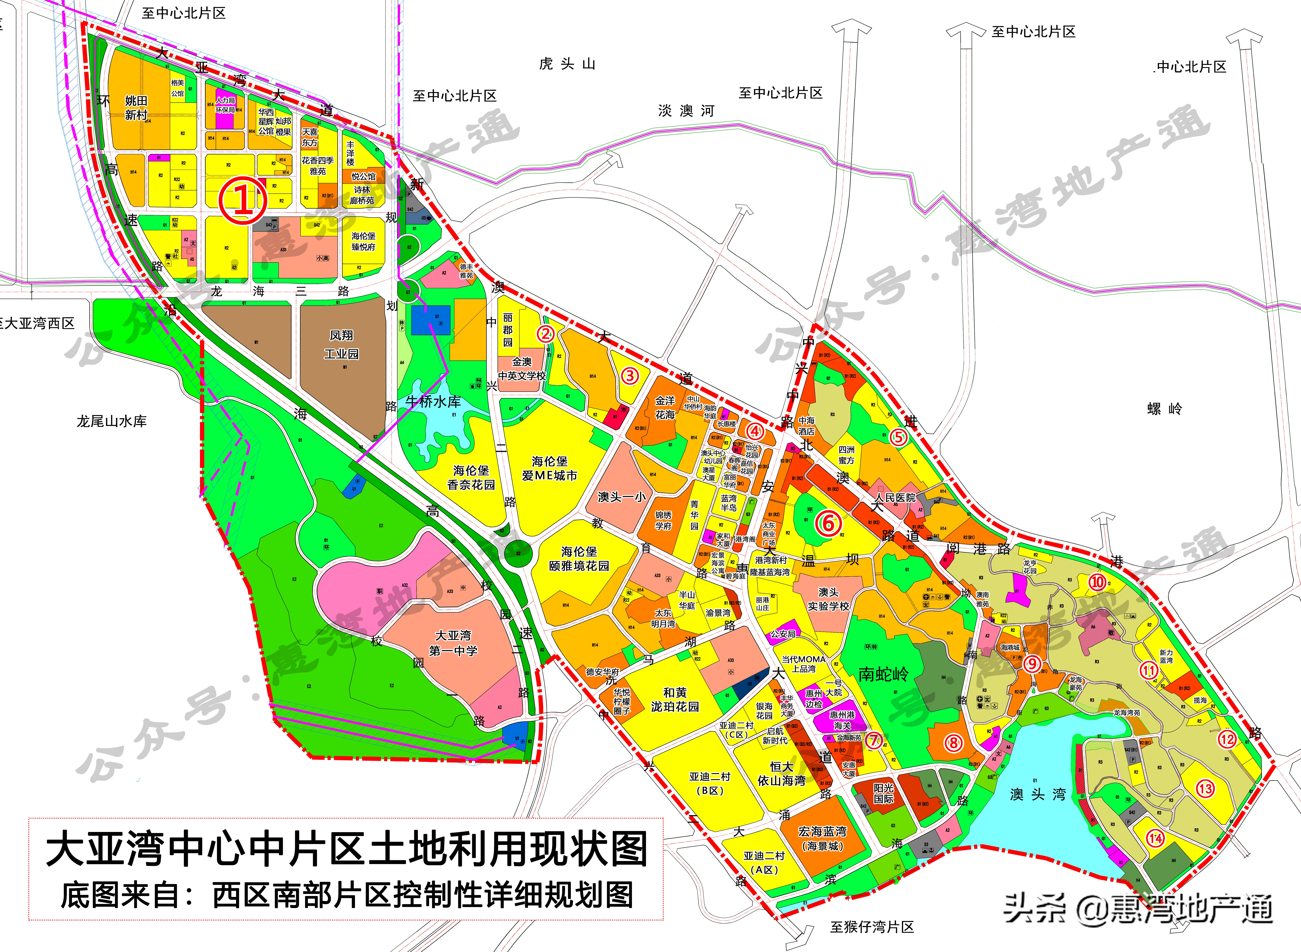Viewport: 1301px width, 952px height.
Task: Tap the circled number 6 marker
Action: (x=828, y=524)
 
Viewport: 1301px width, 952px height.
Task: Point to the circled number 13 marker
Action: (x=1205, y=788)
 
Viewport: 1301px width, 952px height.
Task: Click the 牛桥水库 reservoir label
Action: (x=433, y=402)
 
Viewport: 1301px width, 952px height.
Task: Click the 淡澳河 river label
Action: (x=686, y=111)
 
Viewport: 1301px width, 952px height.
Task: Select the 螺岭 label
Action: (x=1165, y=409)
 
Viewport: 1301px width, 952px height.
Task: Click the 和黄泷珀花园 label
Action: (x=675, y=700)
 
